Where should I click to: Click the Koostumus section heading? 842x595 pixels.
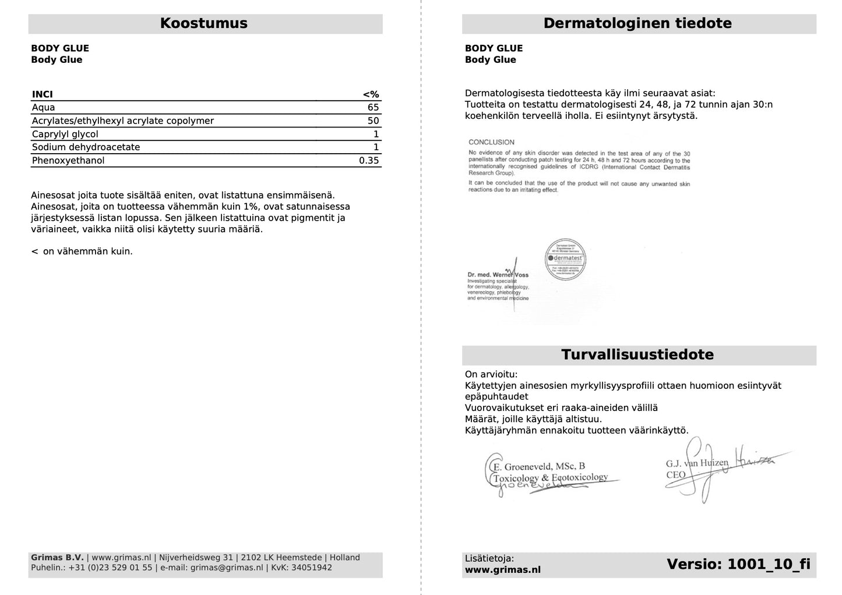[x=203, y=23]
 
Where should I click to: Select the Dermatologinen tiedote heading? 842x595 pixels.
[x=637, y=23]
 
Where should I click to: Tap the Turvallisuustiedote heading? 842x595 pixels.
[x=637, y=355]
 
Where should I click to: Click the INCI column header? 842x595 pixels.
[x=43, y=94]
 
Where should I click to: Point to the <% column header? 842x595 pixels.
[x=371, y=94]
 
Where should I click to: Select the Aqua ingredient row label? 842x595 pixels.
[x=44, y=108]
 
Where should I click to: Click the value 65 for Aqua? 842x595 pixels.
[x=373, y=108]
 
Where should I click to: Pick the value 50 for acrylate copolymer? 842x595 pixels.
[x=373, y=121]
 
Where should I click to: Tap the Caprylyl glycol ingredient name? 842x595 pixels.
[x=65, y=134]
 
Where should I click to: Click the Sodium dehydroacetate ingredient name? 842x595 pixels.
[x=86, y=147]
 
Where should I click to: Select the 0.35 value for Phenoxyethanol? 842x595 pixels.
[x=369, y=161]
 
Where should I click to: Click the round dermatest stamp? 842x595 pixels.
[x=565, y=260]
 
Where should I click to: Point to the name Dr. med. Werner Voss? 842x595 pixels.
[x=498, y=275]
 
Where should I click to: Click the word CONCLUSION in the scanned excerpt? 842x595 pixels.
[x=491, y=142]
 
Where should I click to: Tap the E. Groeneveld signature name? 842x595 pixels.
[x=539, y=466]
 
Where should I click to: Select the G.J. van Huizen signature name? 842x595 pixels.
[x=697, y=463]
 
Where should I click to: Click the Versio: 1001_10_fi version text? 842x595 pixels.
[x=738, y=564]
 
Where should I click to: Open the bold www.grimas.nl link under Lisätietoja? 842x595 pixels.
[x=502, y=570]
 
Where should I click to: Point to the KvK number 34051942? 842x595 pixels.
[x=311, y=568]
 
